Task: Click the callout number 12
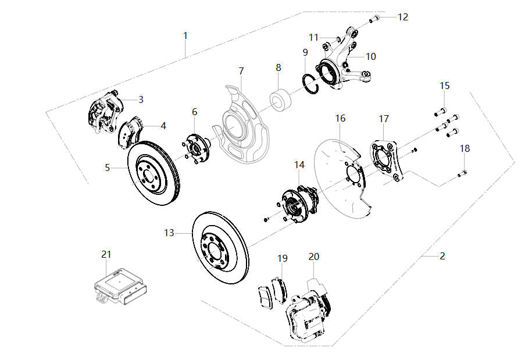(x=402, y=17)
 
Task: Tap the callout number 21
(x=106, y=254)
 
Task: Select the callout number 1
(x=185, y=35)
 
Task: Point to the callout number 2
(x=442, y=255)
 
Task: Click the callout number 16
(x=340, y=118)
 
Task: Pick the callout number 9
(x=305, y=52)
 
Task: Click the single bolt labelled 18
(x=463, y=173)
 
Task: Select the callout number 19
(x=282, y=258)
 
